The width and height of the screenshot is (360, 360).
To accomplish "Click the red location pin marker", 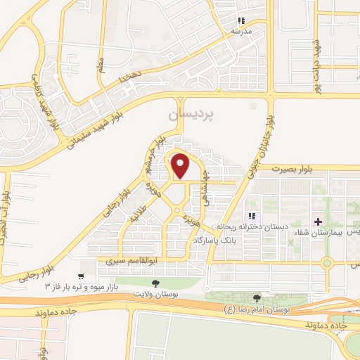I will click(181, 166).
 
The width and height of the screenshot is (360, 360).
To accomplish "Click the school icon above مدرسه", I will click(242, 21).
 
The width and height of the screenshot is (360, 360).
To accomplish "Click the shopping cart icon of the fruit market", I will click(83, 276).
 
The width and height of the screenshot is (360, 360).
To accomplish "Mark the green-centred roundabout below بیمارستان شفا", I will click(327, 264).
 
